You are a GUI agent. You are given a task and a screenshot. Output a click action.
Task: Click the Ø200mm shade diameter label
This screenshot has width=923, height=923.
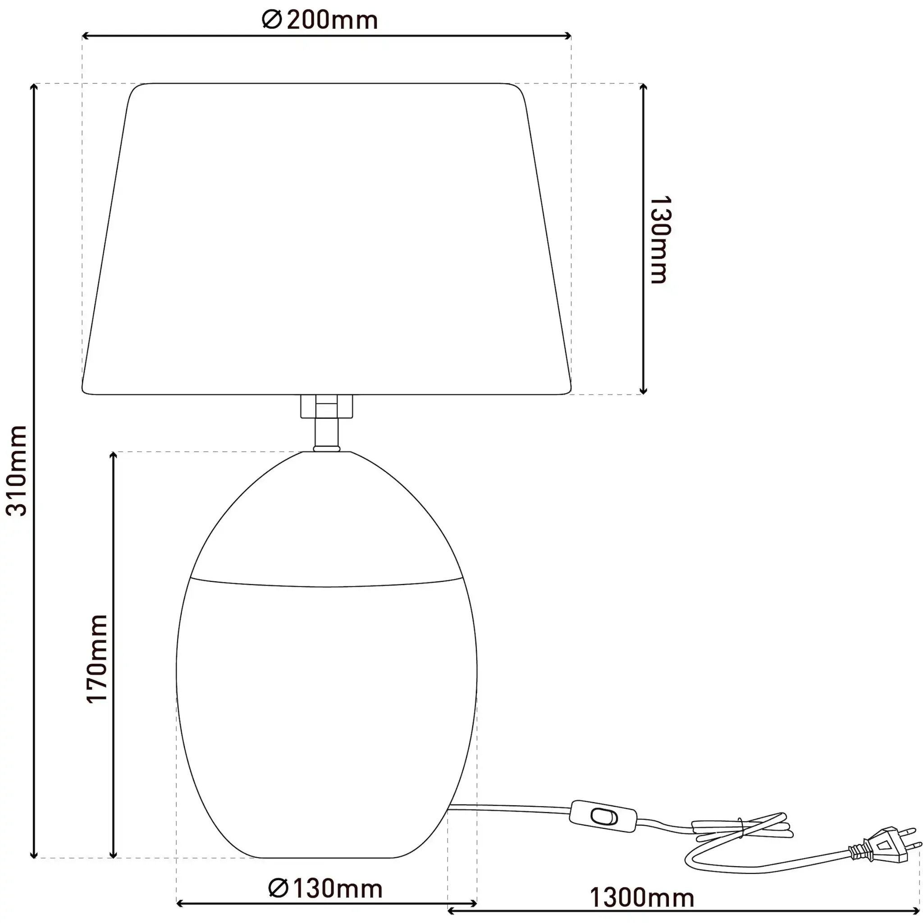coord(320,20)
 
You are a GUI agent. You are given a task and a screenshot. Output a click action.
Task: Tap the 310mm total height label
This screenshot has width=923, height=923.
coord(17,471)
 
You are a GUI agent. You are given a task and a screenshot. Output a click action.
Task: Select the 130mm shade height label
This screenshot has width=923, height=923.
coord(660,239)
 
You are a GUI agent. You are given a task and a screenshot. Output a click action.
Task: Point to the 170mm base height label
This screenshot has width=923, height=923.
coord(97,659)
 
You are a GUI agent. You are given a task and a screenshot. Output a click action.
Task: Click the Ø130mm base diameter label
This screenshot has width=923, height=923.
coord(325,889)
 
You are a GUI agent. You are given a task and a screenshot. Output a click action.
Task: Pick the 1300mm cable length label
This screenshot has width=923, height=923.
coord(642,898)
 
